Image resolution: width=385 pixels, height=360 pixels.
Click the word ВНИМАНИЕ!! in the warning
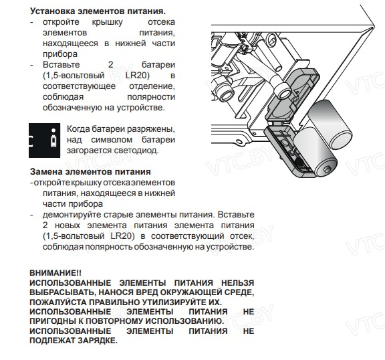(x=55, y=273)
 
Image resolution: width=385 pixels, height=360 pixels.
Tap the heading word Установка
(x=53, y=11)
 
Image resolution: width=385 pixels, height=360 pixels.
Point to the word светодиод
(x=135, y=150)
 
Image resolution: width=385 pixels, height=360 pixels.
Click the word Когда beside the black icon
(x=78, y=128)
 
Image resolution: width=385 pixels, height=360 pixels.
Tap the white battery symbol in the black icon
(x=53, y=141)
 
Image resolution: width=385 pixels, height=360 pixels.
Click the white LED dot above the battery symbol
(x=53, y=130)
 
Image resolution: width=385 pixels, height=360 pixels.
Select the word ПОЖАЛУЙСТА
(x=58, y=302)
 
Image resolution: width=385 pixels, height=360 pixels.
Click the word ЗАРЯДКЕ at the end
(x=98, y=341)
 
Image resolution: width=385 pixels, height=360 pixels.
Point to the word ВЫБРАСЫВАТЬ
(x=60, y=292)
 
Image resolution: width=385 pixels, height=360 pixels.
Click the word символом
(x=112, y=140)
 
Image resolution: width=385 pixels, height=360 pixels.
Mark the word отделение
(x=152, y=86)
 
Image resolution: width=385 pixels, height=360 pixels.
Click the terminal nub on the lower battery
(x=327, y=169)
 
